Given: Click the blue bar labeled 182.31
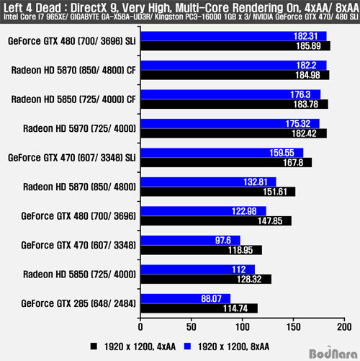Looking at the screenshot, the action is [233, 36].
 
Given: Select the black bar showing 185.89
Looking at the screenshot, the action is [235, 45].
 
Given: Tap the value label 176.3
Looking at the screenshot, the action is [300, 94].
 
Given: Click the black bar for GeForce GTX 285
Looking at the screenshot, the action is [199, 308].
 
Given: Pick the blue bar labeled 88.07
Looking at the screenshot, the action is [186, 298].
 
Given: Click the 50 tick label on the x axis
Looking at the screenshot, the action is [192, 327].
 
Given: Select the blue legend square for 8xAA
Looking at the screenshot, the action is [187, 347].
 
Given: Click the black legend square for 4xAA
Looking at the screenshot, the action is [94, 347].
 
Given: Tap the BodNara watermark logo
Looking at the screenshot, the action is [333, 353].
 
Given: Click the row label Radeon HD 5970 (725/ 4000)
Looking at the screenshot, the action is [79, 128].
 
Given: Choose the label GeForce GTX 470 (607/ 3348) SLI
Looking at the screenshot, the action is [72, 158].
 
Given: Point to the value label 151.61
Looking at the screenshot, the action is [275, 192].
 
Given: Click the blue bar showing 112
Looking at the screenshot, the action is [198, 269].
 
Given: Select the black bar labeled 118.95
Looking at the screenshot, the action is [202, 250].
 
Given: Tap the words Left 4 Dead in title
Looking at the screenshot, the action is [32, 8].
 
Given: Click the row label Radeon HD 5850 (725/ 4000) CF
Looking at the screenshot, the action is [73, 99].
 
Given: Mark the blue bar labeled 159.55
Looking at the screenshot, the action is [222, 153].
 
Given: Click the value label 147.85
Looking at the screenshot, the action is [270, 221].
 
